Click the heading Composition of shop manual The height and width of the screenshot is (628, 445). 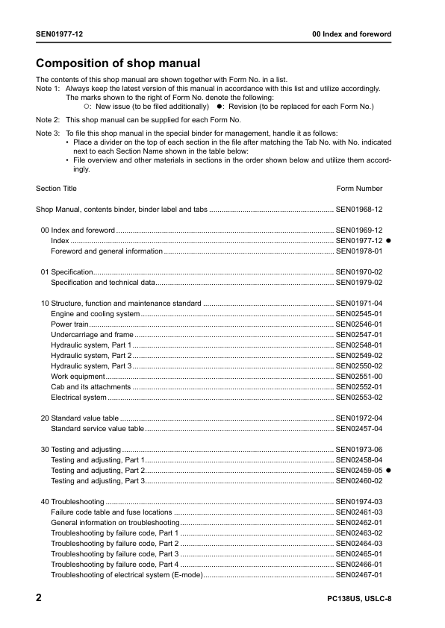point(118,63)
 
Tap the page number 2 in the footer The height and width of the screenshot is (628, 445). point(39,598)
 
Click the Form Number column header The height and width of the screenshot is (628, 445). point(359,189)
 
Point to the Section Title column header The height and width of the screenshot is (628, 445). point(56,189)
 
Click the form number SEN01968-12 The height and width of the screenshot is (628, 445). point(359,210)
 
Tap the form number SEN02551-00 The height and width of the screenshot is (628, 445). point(359,377)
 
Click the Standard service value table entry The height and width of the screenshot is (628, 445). point(97,429)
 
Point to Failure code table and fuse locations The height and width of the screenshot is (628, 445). point(111,512)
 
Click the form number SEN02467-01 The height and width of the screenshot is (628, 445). point(359,575)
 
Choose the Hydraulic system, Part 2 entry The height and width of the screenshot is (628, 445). point(91,356)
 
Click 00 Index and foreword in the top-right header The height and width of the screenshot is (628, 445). point(351,34)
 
